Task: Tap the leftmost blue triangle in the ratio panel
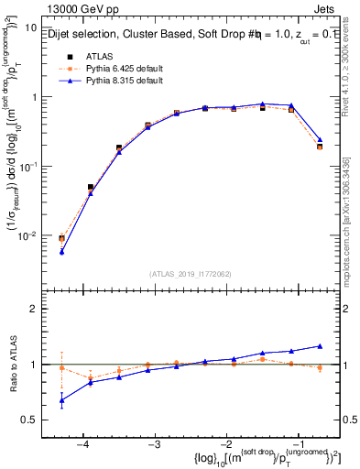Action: [61, 400]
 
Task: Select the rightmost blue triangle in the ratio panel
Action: [320, 345]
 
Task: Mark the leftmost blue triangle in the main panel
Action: [61, 250]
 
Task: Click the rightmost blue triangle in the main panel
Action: [320, 140]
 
